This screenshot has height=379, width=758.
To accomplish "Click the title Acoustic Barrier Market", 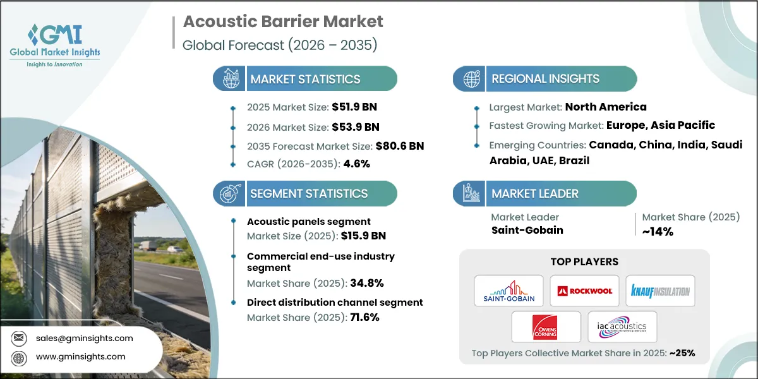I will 283,21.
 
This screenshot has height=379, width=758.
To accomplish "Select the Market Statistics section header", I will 305,79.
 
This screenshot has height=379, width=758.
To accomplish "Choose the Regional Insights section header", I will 545,79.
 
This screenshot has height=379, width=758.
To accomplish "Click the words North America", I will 606,107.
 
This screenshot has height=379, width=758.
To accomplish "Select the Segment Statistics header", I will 308,193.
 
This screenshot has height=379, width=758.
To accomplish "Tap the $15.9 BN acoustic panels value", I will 363,236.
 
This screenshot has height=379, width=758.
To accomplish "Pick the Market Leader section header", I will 535,193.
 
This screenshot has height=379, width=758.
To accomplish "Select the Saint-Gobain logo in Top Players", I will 508,291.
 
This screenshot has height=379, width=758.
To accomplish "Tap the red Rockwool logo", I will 584,291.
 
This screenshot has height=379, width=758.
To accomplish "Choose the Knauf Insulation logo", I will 660,291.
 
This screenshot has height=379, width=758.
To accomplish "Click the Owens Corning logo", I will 546,327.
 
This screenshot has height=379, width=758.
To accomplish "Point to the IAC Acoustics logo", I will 622,327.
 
